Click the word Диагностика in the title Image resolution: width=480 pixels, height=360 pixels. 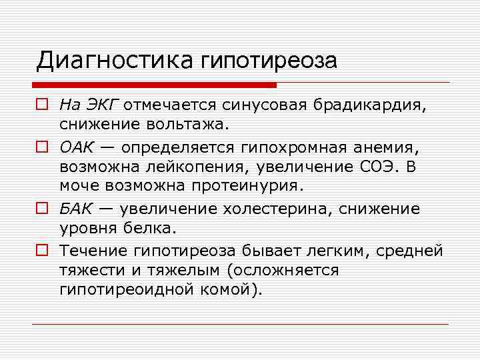(x=115, y=61)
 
